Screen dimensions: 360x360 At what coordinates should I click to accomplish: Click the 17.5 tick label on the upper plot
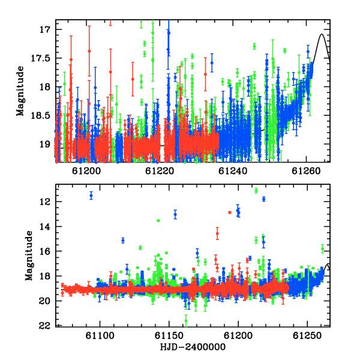point(40,58)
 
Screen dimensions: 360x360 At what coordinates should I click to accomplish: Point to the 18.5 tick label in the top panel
point(40,116)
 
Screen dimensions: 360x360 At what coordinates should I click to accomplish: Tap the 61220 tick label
point(160,171)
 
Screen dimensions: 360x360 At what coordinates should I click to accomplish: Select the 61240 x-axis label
point(233,171)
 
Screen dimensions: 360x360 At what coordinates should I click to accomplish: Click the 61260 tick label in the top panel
point(306,171)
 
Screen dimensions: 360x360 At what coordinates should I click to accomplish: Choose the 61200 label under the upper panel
point(86,171)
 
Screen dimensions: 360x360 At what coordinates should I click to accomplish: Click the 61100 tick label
point(100,335)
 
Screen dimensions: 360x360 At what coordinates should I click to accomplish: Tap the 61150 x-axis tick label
point(169,335)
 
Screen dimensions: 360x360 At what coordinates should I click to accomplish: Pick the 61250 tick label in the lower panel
point(307,335)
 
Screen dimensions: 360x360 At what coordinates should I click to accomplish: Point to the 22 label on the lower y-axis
point(44,326)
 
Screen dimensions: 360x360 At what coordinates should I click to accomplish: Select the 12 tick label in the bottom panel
point(44,202)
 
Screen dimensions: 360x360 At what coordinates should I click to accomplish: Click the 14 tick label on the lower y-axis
point(44,227)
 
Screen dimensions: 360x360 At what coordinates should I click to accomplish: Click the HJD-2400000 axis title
point(193,347)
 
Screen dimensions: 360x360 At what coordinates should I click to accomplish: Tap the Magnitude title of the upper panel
point(20,91)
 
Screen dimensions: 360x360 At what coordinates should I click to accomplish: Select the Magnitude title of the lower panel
point(29,256)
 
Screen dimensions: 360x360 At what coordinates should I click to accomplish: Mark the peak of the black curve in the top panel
point(322,34)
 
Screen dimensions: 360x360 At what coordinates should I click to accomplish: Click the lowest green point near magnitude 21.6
point(186,321)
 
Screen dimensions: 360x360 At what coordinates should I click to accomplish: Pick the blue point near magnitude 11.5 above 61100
point(91,196)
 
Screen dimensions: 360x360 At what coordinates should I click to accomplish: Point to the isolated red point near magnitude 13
point(230,212)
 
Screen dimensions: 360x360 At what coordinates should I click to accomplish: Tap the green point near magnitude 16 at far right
point(323,249)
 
